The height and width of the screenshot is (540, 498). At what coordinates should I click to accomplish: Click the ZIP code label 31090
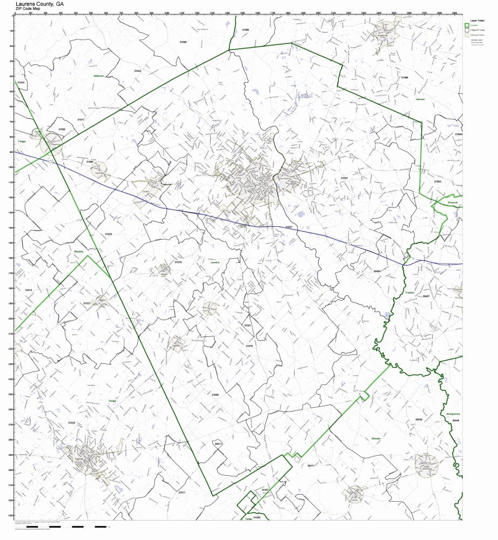(183, 41)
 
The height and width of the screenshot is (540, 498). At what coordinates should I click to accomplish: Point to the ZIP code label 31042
(138, 71)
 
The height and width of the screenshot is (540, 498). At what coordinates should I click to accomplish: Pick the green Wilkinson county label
(98, 76)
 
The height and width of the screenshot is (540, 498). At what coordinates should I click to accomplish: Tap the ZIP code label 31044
(21, 82)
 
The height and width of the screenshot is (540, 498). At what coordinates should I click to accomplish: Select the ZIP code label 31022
(108, 234)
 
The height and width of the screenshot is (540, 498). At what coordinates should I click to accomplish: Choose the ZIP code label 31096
(404, 78)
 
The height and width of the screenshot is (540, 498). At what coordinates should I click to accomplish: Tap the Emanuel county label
(452, 202)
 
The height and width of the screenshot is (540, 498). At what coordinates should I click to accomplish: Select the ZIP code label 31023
(71, 423)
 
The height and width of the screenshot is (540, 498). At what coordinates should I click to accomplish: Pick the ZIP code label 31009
(215, 395)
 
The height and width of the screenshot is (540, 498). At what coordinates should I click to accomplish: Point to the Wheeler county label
(376, 438)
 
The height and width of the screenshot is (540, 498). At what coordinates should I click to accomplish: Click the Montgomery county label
(453, 414)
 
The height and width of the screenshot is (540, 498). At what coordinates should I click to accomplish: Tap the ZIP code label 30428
(419, 419)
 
